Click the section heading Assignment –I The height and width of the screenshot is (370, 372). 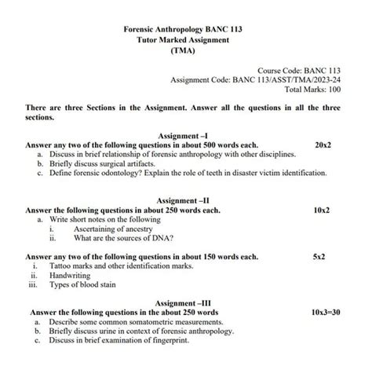point(182,136)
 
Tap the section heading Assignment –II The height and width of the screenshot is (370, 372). point(182,200)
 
